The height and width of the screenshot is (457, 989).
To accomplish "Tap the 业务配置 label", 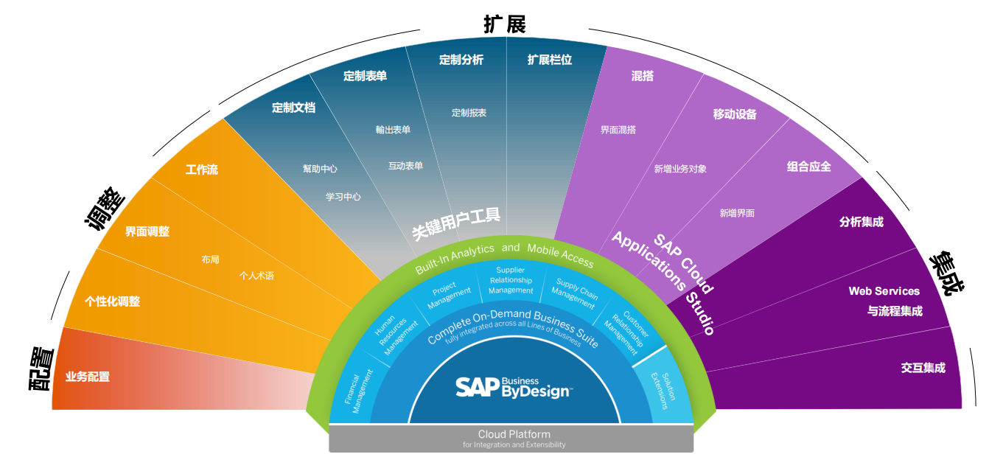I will click(x=88, y=377).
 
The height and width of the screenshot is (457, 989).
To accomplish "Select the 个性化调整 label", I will click(x=113, y=301).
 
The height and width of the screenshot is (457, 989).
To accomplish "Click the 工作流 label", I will click(x=202, y=170).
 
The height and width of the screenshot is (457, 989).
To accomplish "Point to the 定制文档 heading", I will click(x=293, y=108).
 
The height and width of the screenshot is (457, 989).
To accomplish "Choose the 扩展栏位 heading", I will click(x=550, y=60).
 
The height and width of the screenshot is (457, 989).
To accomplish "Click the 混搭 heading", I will click(x=643, y=76).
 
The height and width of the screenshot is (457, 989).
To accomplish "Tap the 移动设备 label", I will click(x=735, y=114).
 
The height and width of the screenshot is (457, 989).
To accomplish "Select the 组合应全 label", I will click(x=809, y=166).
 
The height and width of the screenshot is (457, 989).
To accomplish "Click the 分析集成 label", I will click(x=862, y=222).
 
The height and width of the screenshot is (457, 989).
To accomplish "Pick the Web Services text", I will click(x=884, y=291).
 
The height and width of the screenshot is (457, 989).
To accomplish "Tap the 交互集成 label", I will click(x=923, y=368).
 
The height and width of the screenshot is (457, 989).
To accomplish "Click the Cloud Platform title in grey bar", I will click(x=514, y=434).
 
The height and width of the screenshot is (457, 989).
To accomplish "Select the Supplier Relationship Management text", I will click(x=510, y=281).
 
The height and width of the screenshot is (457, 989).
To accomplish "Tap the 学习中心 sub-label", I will click(x=343, y=197).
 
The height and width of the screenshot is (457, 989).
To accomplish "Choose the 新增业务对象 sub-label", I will click(x=680, y=169).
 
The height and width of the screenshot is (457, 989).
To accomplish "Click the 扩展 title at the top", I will click(x=505, y=24).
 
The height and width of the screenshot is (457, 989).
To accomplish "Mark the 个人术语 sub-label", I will click(x=256, y=276).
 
